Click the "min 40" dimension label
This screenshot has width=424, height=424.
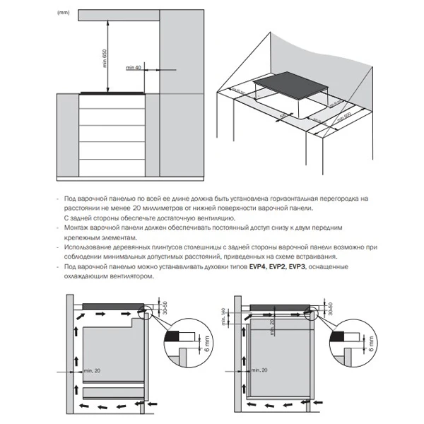tap(134, 67)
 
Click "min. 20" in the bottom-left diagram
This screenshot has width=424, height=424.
tap(92, 370)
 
